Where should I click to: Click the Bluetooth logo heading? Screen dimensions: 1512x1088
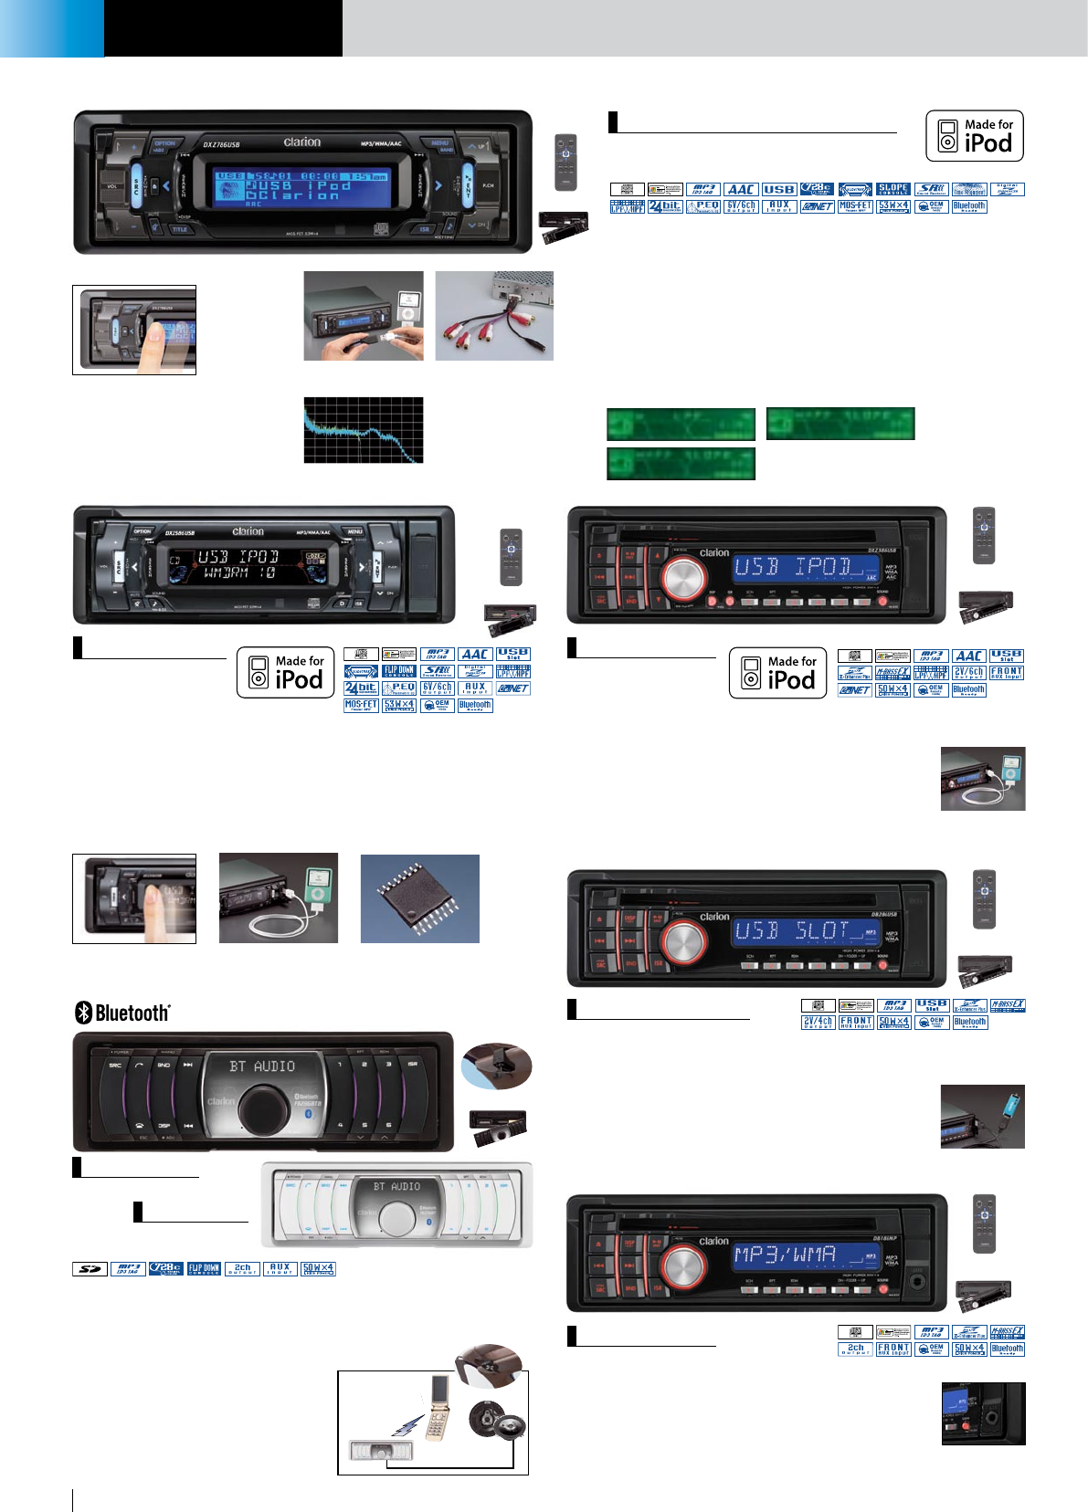tap(122, 1013)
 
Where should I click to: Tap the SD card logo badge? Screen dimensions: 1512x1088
tap(90, 1269)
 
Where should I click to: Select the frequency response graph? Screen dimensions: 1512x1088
tap(364, 430)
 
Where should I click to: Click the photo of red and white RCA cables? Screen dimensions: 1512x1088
tap(494, 316)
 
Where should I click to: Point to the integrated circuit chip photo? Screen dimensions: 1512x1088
tap(420, 899)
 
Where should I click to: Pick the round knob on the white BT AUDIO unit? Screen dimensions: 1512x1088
tap(397, 1219)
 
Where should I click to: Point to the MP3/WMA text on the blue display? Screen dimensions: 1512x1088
tap(785, 1255)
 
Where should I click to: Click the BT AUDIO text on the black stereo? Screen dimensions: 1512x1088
tap(262, 1066)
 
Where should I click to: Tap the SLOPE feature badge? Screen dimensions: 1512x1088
tap(893, 189)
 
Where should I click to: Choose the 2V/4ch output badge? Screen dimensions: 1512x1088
tap(818, 1023)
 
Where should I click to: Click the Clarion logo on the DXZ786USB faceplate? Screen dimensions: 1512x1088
tap(301, 142)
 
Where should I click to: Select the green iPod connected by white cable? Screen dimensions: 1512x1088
tap(317, 888)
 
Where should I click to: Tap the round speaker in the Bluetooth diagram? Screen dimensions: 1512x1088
tap(497, 1421)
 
